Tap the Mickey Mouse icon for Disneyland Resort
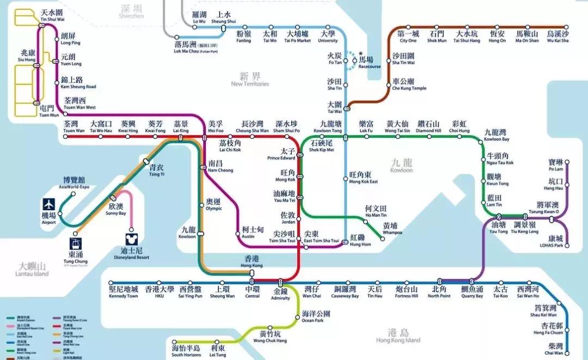[x=131, y=239]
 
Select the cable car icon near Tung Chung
[x=75, y=244]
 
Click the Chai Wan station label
[x=556, y=349]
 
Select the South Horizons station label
[x=186, y=351]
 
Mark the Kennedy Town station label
[x=124, y=292]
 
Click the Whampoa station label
[x=390, y=229]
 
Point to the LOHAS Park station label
[x=556, y=242]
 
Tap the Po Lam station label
[x=556, y=166]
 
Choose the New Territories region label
[x=250, y=80]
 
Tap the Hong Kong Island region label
[x=398, y=336]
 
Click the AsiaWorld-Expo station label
[x=74, y=183]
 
